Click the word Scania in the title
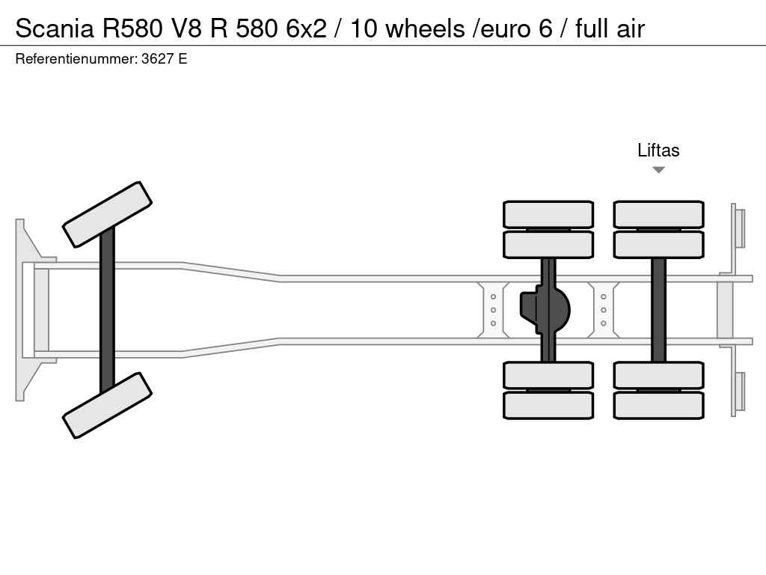tap(54, 28)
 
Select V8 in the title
tap(186, 28)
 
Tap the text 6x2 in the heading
tap(306, 28)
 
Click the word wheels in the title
tap(425, 28)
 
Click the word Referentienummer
tap(76, 59)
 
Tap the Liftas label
tap(658, 150)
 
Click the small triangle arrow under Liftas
tap(658, 170)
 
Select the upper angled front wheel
tap(107, 215)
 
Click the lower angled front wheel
tap(107, 405)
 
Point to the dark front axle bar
tap(107, 310)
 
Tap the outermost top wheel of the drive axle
tap(548, 214)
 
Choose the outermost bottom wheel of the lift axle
tap(658, 405)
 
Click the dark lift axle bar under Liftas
tap(658, 310)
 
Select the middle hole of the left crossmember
tap(493, 310)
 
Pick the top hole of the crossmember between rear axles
tap(604, 296)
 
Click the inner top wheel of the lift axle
tap(658, 245)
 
